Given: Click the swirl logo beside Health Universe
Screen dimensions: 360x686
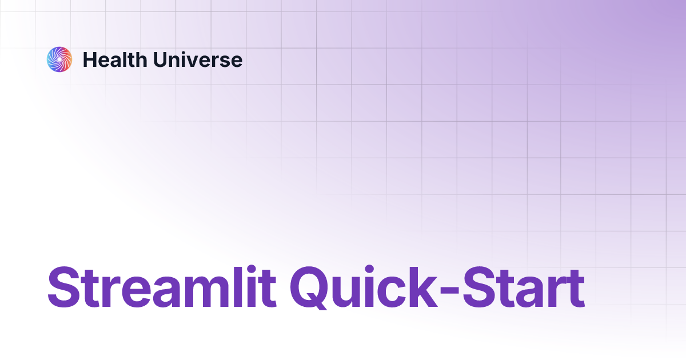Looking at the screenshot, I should [59, 59].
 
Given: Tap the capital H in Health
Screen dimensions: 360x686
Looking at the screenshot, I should [90, 59].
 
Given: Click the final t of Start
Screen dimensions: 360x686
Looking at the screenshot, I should [573, 288].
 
